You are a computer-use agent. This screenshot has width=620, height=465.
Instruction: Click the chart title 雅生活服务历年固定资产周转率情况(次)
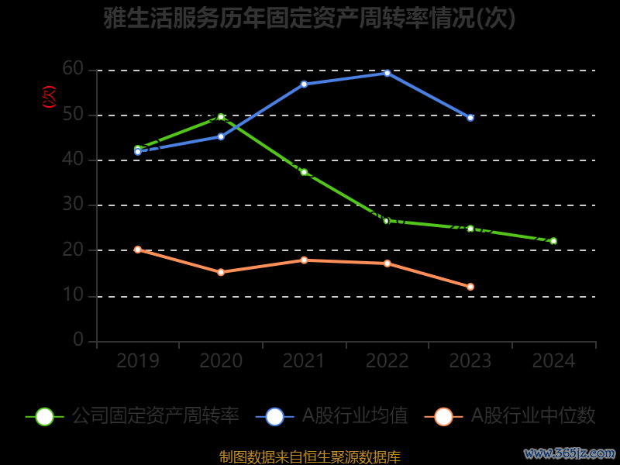309,19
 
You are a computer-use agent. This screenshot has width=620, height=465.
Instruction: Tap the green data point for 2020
221,117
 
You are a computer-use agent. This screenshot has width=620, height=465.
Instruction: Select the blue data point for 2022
387,73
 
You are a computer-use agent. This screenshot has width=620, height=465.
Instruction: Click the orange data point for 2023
470,287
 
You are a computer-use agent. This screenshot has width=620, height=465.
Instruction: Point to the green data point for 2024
553,241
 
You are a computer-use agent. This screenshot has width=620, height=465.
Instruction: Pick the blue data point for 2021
304,84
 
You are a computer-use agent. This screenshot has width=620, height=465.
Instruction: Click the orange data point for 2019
138,250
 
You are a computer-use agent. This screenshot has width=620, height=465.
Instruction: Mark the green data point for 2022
387,221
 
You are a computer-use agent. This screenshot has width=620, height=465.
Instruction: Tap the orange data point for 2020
221,272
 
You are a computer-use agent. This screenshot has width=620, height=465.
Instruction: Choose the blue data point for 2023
470,118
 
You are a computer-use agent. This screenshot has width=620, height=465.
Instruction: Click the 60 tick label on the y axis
73,70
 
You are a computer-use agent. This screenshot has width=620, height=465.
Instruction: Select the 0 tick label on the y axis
78,340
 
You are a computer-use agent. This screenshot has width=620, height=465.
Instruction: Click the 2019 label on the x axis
138,361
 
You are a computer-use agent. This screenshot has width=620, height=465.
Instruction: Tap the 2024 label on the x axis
554,361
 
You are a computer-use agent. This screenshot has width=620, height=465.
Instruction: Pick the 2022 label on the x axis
387,361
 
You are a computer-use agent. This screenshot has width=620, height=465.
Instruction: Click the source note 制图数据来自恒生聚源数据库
310,456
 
